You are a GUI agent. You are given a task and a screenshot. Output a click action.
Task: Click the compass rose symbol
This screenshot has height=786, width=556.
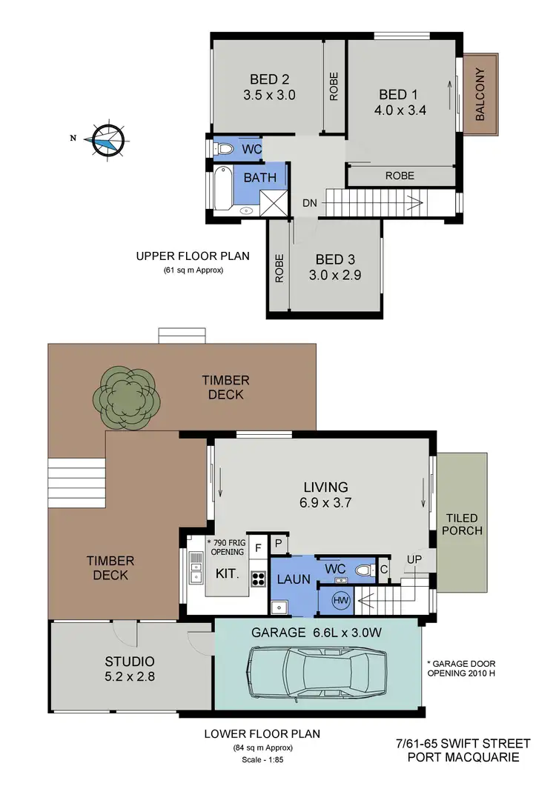105,139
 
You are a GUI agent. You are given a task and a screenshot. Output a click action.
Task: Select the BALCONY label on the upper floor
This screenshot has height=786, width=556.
480,94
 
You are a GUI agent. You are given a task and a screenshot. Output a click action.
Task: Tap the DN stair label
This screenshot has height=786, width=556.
310,203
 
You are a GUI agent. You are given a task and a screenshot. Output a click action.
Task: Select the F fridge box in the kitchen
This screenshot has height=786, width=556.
257,548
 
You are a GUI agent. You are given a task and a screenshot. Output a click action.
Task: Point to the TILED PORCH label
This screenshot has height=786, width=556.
463,524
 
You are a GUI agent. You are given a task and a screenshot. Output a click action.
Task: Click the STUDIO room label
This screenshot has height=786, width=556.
129,662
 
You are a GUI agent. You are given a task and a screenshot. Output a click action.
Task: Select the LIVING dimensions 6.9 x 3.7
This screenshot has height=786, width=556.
325,502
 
